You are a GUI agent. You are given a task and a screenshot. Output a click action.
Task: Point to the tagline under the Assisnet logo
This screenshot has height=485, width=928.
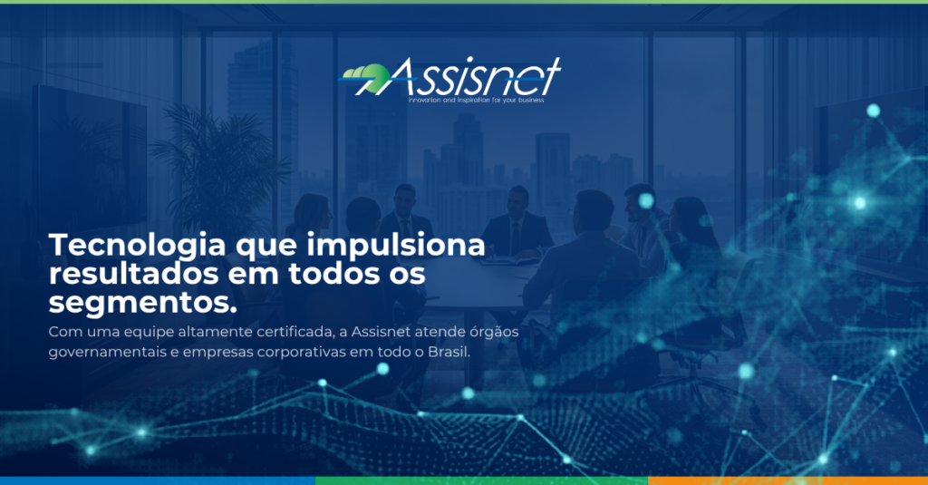476,100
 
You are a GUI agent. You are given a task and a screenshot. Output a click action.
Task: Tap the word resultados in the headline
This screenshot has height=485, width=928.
134,274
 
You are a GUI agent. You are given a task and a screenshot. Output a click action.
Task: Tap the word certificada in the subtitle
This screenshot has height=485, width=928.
303,332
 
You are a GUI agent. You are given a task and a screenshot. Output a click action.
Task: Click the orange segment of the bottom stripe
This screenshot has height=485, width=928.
788,480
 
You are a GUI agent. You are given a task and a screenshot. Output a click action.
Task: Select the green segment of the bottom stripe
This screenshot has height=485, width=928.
482,480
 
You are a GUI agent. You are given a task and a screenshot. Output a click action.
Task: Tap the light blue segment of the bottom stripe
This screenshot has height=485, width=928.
158,480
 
